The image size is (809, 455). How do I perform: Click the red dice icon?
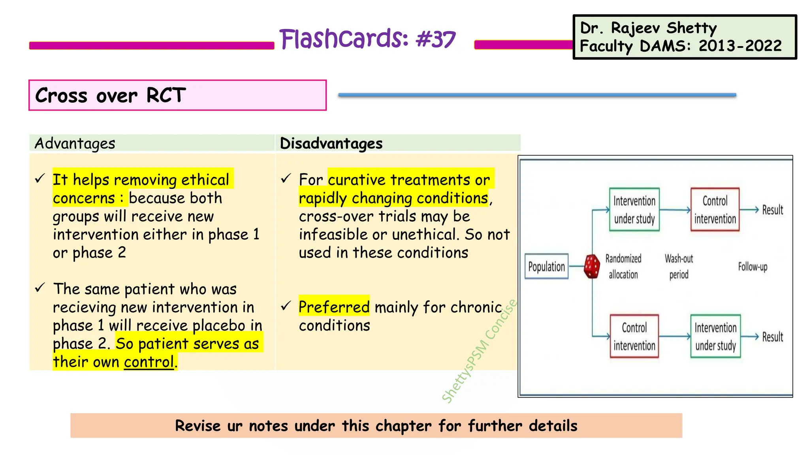592,267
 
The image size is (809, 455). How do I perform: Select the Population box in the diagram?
546,267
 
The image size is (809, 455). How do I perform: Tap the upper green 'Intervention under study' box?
634,210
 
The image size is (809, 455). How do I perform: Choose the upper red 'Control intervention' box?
715,210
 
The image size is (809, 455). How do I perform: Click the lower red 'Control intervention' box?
634,337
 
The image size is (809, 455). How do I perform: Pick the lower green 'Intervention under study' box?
715,337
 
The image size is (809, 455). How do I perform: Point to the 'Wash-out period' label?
679,267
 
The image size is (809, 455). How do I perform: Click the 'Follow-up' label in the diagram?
753,267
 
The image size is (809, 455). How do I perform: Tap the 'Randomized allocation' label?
623,267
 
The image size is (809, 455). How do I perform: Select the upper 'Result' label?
772,210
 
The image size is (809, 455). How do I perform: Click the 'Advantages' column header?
75,143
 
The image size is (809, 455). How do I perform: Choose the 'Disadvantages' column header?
331,143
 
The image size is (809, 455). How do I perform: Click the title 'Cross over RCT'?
111,96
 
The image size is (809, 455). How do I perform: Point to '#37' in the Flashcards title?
436,39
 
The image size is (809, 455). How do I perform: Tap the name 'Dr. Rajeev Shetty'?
648,28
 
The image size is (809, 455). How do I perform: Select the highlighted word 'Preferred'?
334,307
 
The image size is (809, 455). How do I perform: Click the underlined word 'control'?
149,362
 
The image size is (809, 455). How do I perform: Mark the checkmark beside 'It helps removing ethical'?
40,179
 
